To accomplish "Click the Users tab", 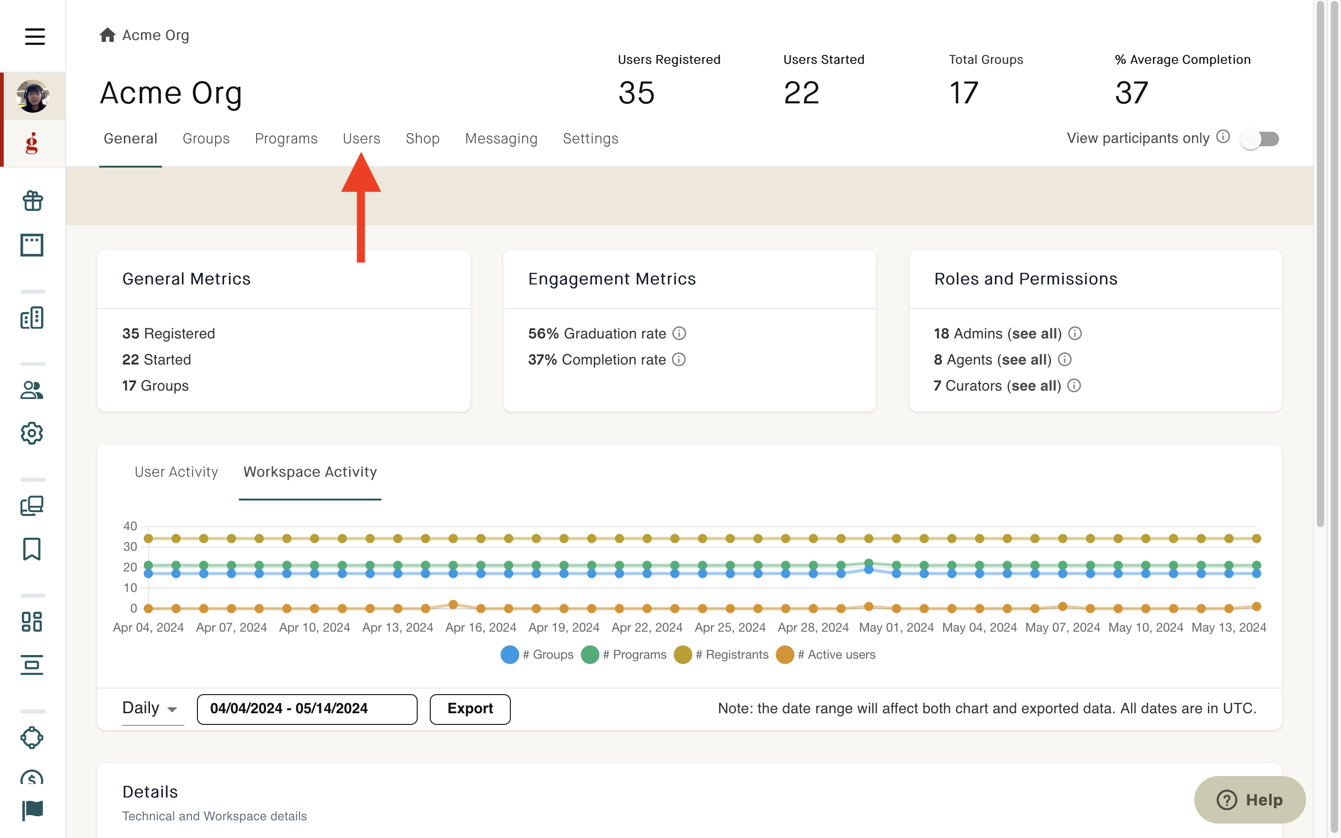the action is click(x=361, y=139).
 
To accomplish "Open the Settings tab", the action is click(x=590, y=139).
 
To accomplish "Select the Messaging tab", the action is click(x=501, y=139).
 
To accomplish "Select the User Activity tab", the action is click(x=176, y=472).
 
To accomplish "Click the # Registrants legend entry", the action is click(x=721, y=655).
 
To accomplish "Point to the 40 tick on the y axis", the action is click(x=130, y=526).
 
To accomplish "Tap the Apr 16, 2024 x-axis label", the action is click(x=481, y=628).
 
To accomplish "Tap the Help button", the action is click(x=1250, y=799).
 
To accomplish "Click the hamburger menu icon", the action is click(x=35, y=37).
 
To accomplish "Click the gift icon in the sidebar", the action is click(x=32, y=201).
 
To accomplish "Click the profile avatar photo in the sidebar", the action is click(x=33, y=96).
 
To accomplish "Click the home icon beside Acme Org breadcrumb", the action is click(x=108, y=35).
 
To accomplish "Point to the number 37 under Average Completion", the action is click(x=1131, y=93).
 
